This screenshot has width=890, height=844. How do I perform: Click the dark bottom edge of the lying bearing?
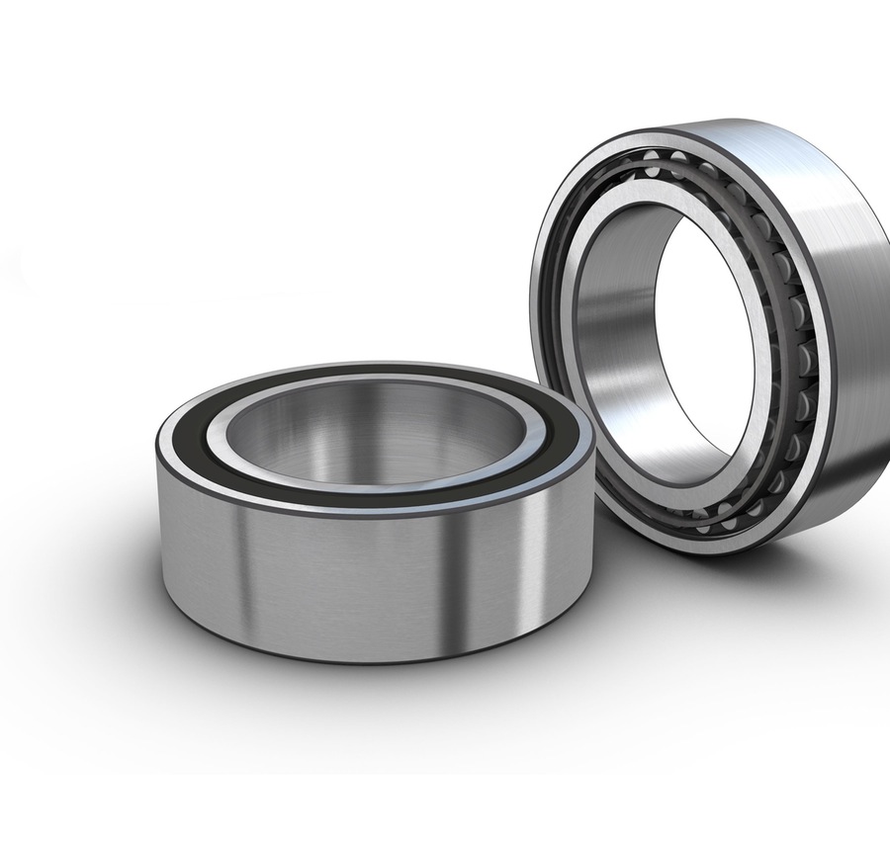click(x=376, y=656)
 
